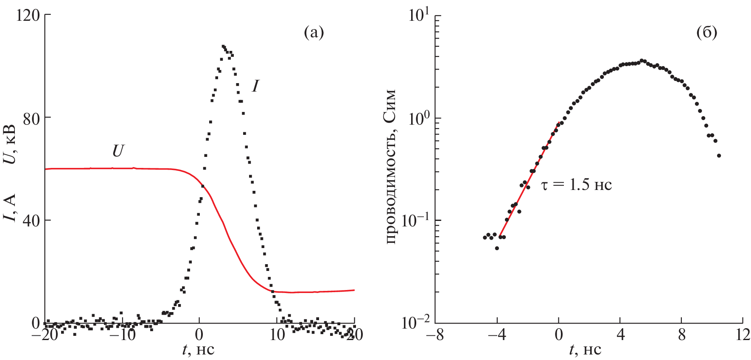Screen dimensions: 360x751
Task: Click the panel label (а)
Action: (x=314, y=32)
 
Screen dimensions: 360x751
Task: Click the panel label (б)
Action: (x=707, y=32)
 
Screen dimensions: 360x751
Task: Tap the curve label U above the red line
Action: (x=118, y=151)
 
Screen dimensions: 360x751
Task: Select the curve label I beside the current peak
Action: (x=255, y=86)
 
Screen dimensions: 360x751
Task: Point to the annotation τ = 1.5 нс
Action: (x=577, y=185)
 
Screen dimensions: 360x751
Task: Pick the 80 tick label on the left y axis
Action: (x=31, y=118)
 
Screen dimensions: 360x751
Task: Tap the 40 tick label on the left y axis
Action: (x=31, y=220)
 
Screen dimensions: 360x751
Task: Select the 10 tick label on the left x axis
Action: (x=277, y=335)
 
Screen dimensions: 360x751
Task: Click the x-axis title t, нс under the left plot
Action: (x=199, y=349)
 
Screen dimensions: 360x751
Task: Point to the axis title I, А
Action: (x=9, y=208)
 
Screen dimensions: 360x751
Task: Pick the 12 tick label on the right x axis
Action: (x=743, y=335)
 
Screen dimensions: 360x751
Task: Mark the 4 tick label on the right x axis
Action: (x=620, y=335)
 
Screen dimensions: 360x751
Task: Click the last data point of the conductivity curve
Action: (x=719, y=156)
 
